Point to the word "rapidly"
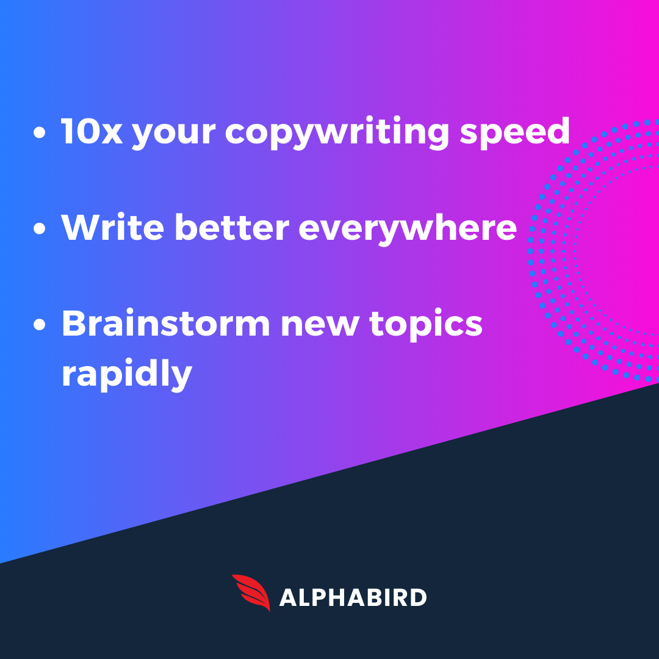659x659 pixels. [127, 375]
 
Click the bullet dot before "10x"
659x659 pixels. [40, 134]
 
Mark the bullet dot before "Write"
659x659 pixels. [40, 229]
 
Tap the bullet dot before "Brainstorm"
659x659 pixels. [40, 325]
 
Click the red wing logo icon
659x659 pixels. [251, 592]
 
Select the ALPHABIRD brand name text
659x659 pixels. [353, 597]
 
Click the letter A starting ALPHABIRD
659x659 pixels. [288, 597]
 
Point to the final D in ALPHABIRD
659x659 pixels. [417, 597]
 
